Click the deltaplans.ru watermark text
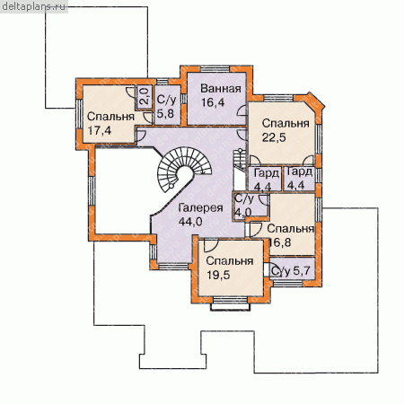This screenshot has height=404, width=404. point(33,6)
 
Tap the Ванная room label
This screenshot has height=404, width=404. point(221,89)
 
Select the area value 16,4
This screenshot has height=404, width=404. point(213,102)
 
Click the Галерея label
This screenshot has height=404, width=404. point(200,207)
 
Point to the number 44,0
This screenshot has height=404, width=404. point(190,222)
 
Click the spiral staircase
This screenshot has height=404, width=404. point(183,170)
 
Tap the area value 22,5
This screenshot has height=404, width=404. point(274,137)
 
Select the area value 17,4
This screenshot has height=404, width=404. point(99,130)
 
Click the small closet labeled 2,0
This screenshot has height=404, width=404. point(145,97)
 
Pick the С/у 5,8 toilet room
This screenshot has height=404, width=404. point(168,105)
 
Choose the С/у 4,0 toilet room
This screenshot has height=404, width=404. point(250,206)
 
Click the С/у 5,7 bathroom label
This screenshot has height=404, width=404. point(290,271)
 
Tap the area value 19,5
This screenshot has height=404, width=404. point(218,275)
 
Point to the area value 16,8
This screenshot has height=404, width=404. point(280,242)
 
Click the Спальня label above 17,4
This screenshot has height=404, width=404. point(110,117)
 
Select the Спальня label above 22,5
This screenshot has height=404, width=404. point(285,123)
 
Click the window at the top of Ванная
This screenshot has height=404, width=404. point(215,69)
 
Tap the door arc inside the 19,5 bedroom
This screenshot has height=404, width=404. point(211,246)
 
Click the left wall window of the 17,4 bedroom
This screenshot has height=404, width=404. point(79,114)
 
